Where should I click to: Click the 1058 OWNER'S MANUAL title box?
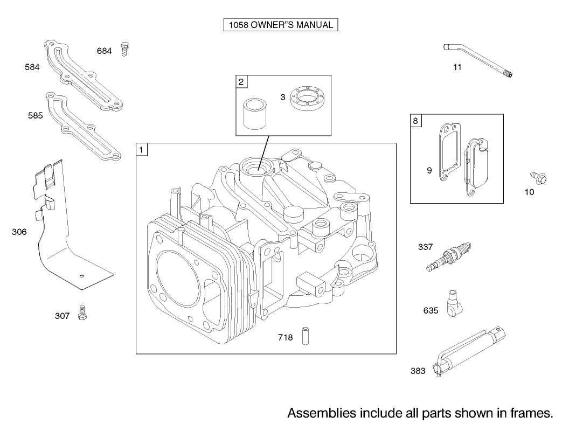tap(280, 25)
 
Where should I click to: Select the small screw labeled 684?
tap(124, 49)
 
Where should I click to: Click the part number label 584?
tap(32, 67)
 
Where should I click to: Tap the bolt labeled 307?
tap(82, 312)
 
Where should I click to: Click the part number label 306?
tap(19, 232)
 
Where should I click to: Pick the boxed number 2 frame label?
tap(241, 82)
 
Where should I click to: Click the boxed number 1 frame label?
tap(141, 150)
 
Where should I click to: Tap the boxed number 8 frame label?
tap(415, 121)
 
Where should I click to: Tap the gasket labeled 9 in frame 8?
tap(447, 153)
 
